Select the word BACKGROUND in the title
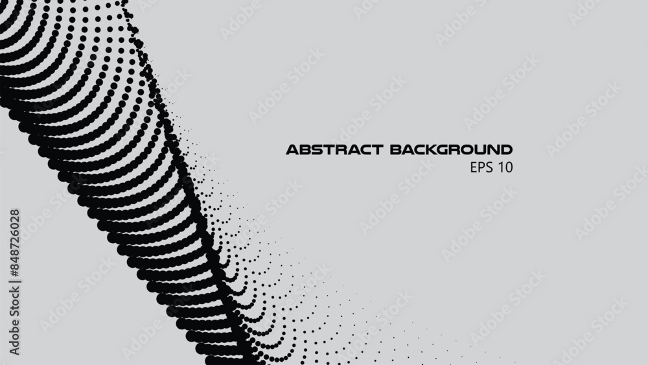click(451, 150)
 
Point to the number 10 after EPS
click(506, 167)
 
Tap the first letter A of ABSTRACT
click(293, 150)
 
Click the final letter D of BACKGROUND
click(506, 150)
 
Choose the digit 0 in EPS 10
click(509, 167)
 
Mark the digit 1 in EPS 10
click(502, 167)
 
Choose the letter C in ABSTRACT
click(362, 150)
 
